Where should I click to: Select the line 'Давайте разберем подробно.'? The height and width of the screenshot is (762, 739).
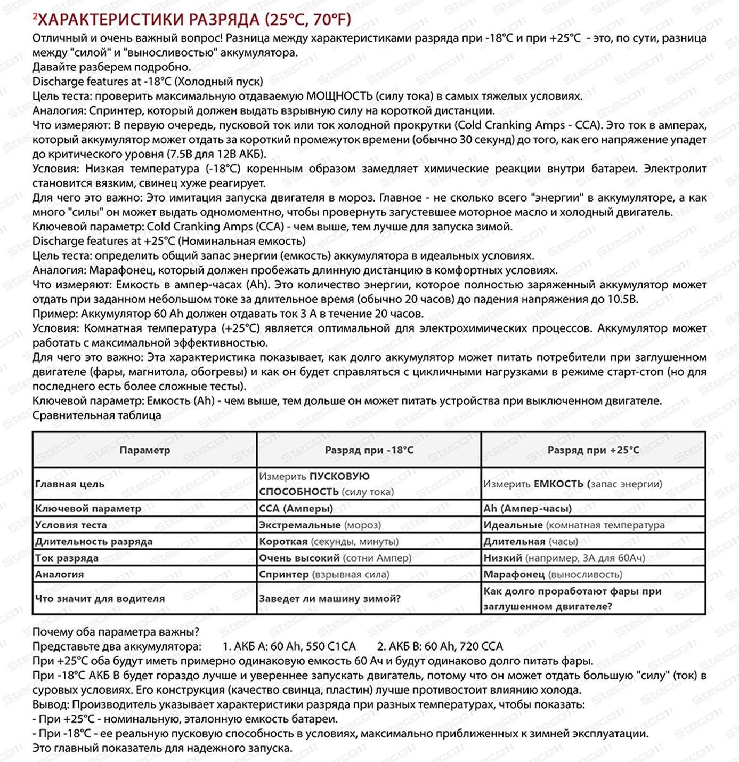point(111,67)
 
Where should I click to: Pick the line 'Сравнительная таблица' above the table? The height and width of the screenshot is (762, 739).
point(96,415)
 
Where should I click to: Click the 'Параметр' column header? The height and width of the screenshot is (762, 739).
point(144,450)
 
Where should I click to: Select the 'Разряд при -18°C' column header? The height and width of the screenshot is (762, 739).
point(369,450)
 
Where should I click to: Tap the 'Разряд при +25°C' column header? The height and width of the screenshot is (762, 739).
point(593,450)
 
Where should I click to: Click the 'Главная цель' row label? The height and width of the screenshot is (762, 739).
point(70,484)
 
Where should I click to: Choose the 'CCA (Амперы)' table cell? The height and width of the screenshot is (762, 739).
point(296,508)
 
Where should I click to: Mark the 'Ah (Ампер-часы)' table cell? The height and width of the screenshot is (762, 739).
point(527,508)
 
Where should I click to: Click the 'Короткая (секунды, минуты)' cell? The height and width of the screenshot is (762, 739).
point(328,541)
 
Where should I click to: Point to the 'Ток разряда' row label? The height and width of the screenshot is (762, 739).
point(67,558)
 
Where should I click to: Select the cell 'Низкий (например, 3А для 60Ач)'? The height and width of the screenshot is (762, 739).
point(564,558)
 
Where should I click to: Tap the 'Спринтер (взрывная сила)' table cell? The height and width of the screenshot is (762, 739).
point(324,574)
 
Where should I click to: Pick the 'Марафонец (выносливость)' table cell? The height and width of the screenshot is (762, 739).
point(553,574)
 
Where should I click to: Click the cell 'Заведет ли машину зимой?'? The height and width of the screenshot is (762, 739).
point(329,598)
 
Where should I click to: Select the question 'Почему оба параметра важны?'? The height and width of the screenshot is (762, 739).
point(116,632)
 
